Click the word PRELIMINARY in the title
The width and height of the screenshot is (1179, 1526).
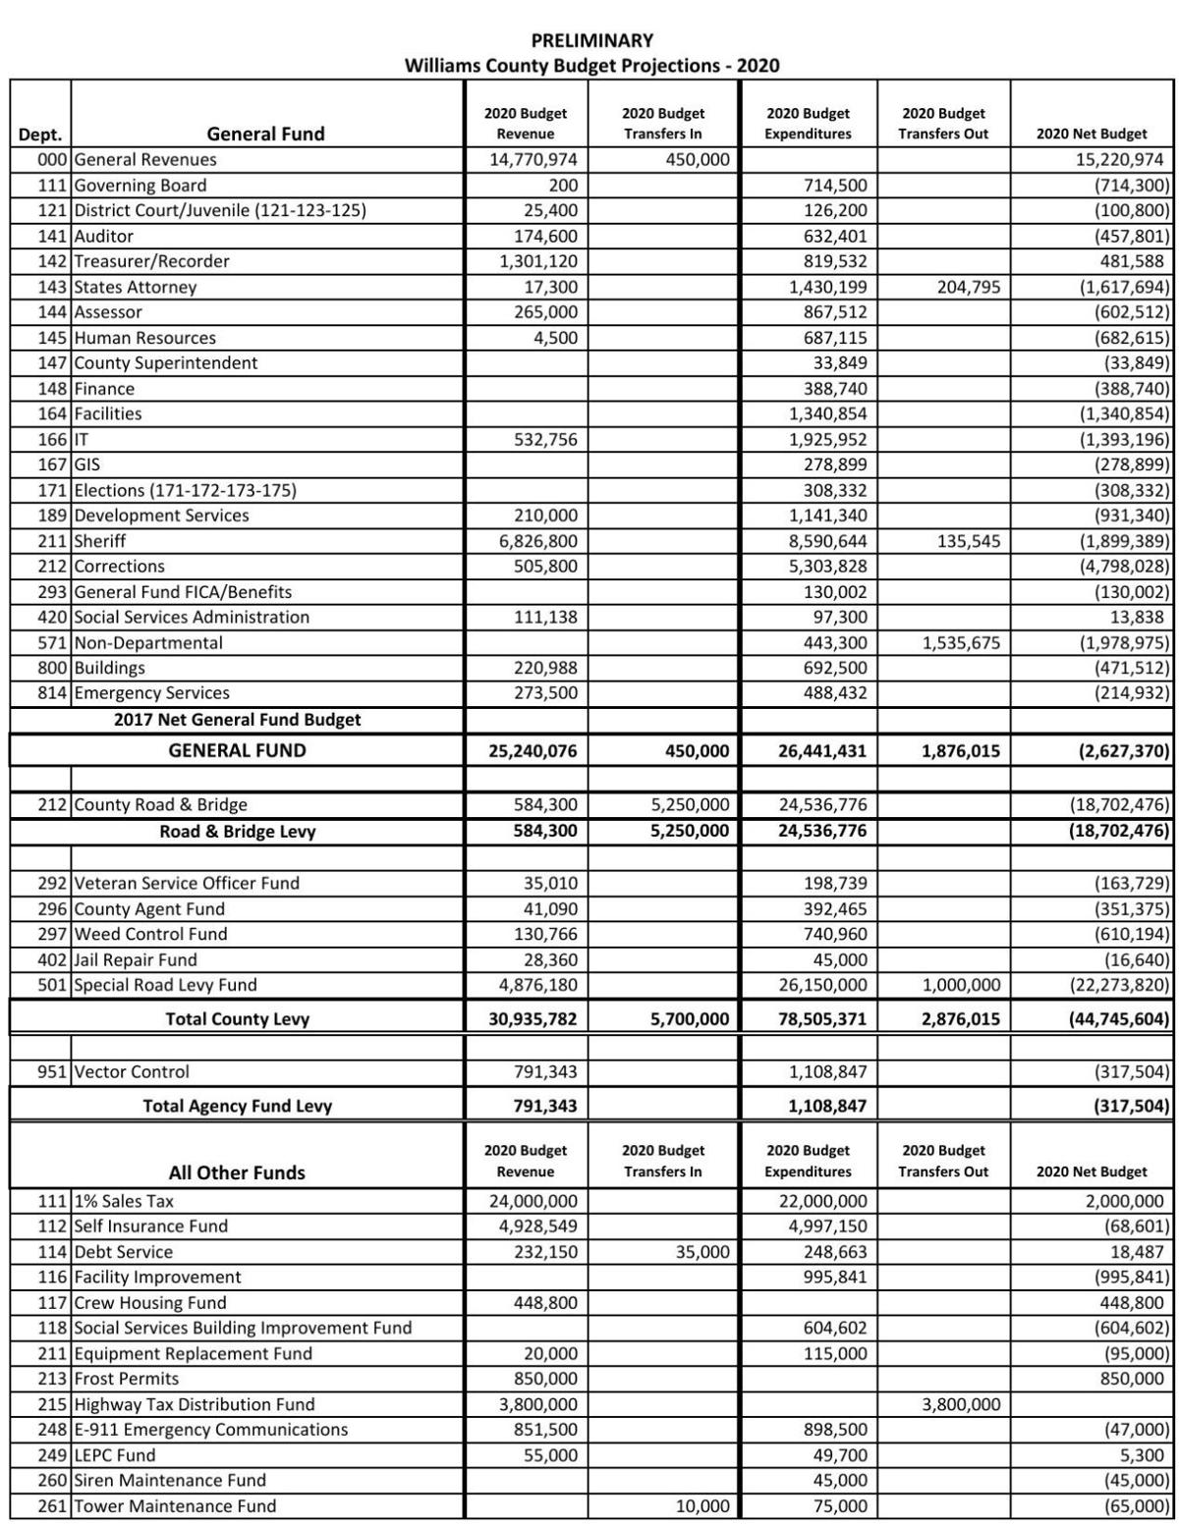tap(591, 40)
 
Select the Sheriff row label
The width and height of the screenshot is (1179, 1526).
tap(100, 541)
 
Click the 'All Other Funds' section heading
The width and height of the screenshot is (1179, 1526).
tap(237, 1172)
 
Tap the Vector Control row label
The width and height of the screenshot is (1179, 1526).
tap(132, 1071)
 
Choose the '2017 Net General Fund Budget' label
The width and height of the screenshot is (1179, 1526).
tap(237, 720)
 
